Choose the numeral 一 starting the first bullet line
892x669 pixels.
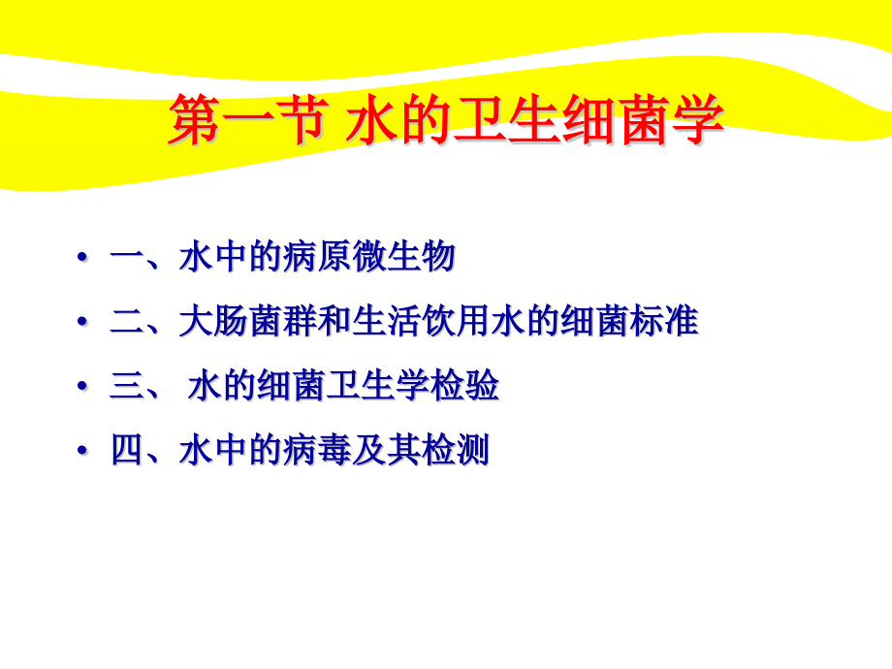click(127, 259)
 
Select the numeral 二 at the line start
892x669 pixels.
click(127, 323)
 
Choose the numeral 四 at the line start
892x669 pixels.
click(127, 452)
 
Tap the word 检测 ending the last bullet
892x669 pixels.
click(455, 452)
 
